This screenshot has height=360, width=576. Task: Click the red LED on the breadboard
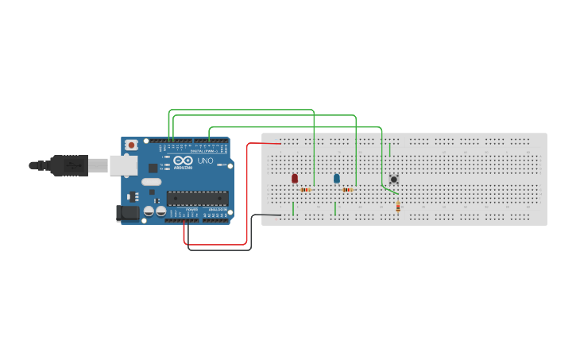(x=295, y=179)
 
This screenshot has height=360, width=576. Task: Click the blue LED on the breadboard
(x=336, y=179)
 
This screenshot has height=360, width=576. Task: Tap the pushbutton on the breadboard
(x=393, y=180)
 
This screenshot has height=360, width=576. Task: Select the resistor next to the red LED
(x=306, y=190)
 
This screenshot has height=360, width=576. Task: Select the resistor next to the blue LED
(x=347, y=190)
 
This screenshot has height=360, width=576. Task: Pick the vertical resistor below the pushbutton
(x=398, y=207)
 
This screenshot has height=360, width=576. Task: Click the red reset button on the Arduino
(x=132, y=145)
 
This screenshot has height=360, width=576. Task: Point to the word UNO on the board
(x=205, y=161)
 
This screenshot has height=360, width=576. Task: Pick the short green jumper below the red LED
(x=293, y=209)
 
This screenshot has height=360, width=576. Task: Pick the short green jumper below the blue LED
(x=335, y=209)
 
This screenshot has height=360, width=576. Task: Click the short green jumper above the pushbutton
(x=389, y=149)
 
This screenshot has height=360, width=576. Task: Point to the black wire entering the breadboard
(x=266, y=215)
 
